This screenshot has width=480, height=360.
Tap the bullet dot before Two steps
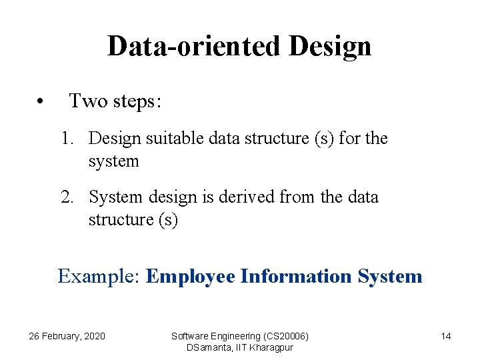pos(41,103)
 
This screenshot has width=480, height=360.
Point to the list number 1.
pos(67,139)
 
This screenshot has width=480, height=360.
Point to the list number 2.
pos(67,197)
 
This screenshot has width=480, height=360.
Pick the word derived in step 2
pos(249,197)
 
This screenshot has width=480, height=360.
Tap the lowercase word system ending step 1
pos(113,161)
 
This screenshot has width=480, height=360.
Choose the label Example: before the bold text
pos(99,276)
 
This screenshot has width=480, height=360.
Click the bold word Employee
pos(191,277)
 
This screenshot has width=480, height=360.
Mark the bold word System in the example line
pos(390,277)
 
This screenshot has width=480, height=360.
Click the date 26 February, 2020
pos(67,336)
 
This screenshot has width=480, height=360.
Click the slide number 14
pos(446,336)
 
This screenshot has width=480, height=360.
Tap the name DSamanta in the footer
pos(208,347)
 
